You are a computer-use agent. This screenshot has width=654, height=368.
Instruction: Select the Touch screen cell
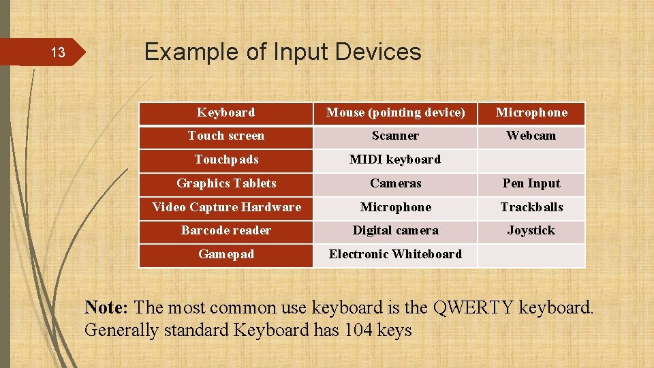click(x=226, y=136)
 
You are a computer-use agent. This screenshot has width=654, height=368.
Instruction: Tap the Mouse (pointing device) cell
click(x=395, y=112)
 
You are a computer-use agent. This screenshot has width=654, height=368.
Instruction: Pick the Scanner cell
click(x=395, y=136)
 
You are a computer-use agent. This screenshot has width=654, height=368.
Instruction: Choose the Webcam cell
click(x=531, y=136)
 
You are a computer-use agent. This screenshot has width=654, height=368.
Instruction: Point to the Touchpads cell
click(x=226, y=159)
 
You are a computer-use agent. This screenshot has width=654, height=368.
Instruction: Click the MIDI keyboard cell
click(x=395, y=159)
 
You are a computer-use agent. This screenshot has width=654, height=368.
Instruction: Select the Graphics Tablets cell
click(x=226, y=183)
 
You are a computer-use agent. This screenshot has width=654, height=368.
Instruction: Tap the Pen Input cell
click(x=531, y=183)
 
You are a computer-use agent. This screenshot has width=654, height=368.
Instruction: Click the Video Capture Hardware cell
click(x=226, y=207)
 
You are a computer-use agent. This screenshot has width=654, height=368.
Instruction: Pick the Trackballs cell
click(x=531, y=207)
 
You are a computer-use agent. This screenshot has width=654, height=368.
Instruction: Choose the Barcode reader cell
click(x=226, y=230)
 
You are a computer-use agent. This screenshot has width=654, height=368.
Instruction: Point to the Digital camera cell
click(x=395, y=230)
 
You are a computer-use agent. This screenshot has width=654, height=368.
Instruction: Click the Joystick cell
click(x=531, y=230)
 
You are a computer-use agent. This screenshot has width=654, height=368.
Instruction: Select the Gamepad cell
click(x=226, y=254)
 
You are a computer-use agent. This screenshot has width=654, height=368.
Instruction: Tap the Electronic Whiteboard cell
click(x=395, y=254)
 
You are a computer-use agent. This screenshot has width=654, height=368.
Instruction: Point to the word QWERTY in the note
click(x=473, y=307)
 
